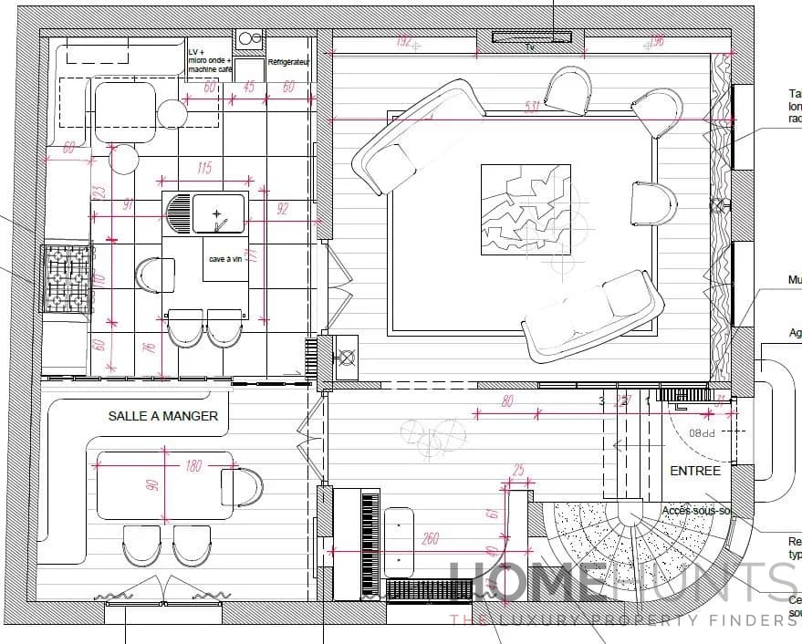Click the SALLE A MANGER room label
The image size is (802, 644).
point(163,416)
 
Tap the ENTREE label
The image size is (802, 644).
point(695,471)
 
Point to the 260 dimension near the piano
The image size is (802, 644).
point(430,539)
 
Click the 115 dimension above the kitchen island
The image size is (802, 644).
point(203,168)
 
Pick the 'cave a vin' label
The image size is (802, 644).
point(224,259)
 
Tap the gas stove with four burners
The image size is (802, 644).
point(69,277)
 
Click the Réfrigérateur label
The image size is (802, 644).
point(290,62)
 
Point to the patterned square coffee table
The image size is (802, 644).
point(526,209)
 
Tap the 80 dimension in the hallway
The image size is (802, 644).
point(507,401)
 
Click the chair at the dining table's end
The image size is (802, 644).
point(244,485)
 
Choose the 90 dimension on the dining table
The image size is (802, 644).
point(153,483)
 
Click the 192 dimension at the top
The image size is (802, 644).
point(405,40)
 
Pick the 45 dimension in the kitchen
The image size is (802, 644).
point(248,88)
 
